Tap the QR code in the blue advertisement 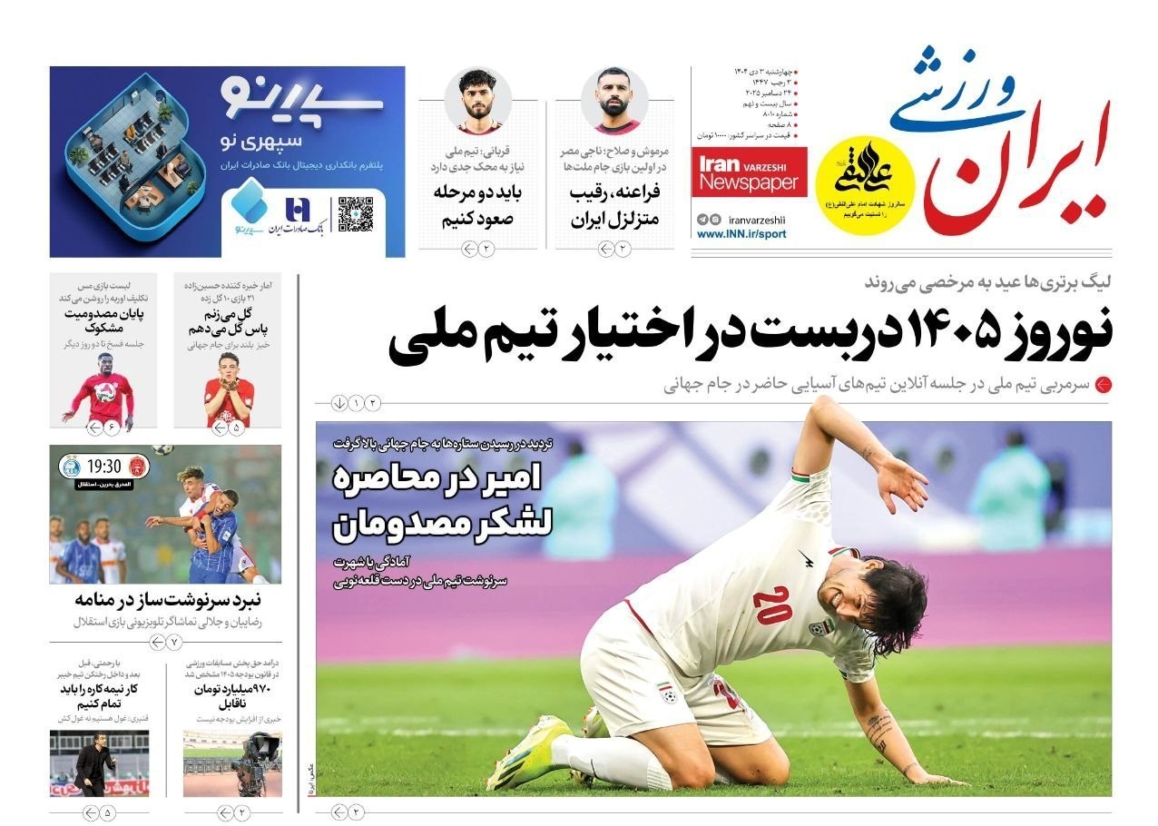point(356,214)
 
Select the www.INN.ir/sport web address point(741,234)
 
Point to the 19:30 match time point(104,467)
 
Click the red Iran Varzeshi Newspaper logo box point(749,175)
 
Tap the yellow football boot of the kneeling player point(529,753)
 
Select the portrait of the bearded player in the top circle point(616,100)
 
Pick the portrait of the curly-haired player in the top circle point(478,100)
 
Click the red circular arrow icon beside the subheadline point(1104,385)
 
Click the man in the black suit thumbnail point(93,764)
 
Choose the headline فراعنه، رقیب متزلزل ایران point(614,206)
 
